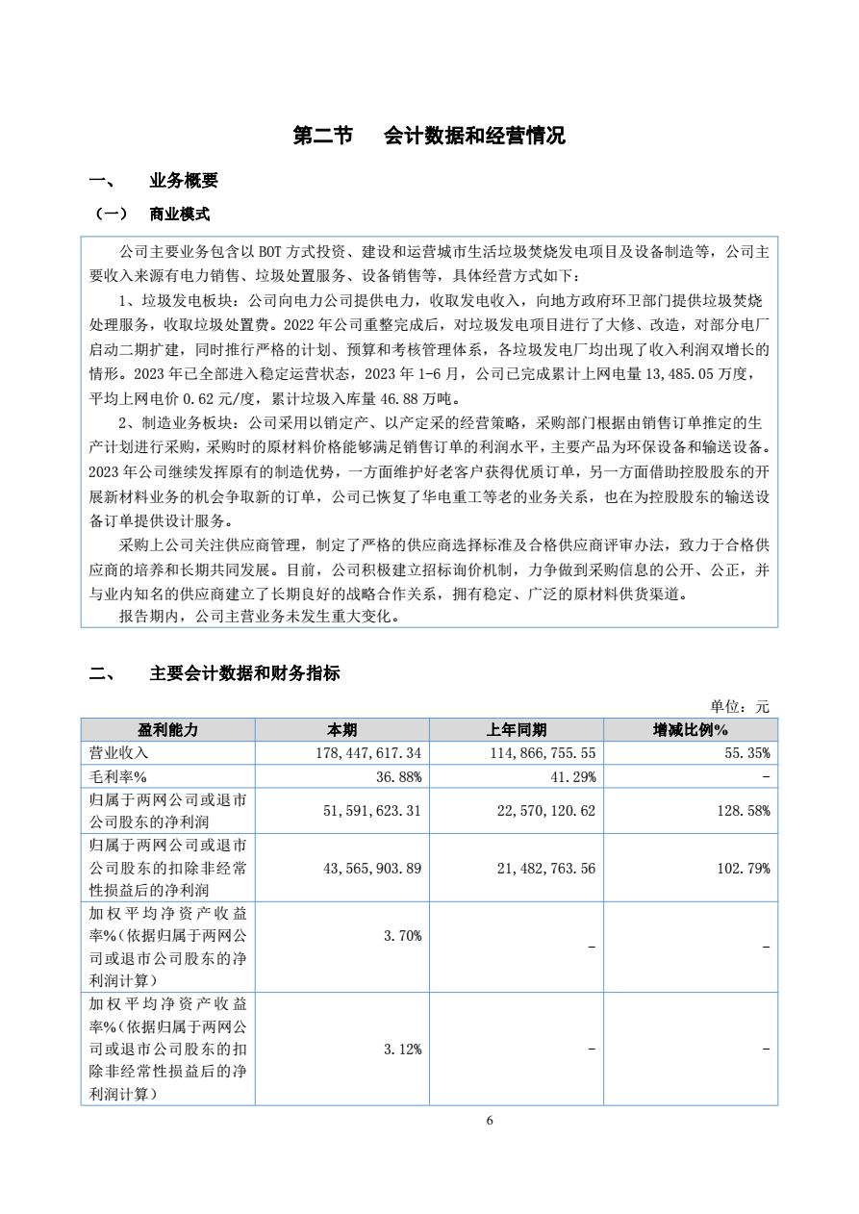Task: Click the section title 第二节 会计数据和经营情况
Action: pyautogui.click(x=429, y=136)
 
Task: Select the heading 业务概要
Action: pyautogui.click(x=183, y=181)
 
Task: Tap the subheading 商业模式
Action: pyautogui.click(x=179, y=214)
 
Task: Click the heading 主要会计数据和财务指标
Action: pyautogui.click(x=244, y=673)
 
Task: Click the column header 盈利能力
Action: pyautogui.click(x=168, y=730)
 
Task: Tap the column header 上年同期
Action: pyautogui.click(x=517, y=730)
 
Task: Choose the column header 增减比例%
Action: pyautogui.click(x=691, y=730)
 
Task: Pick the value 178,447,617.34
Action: pyautogui.click(x=368, y=753)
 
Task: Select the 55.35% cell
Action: pyautogui.click(x=746, y=753)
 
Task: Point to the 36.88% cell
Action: pyautogui.click(x=399, y=776)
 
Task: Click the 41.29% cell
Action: pyautogui.click(x=573, y=776)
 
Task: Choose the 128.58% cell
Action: pyautogui.click(x=743, y=811)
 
